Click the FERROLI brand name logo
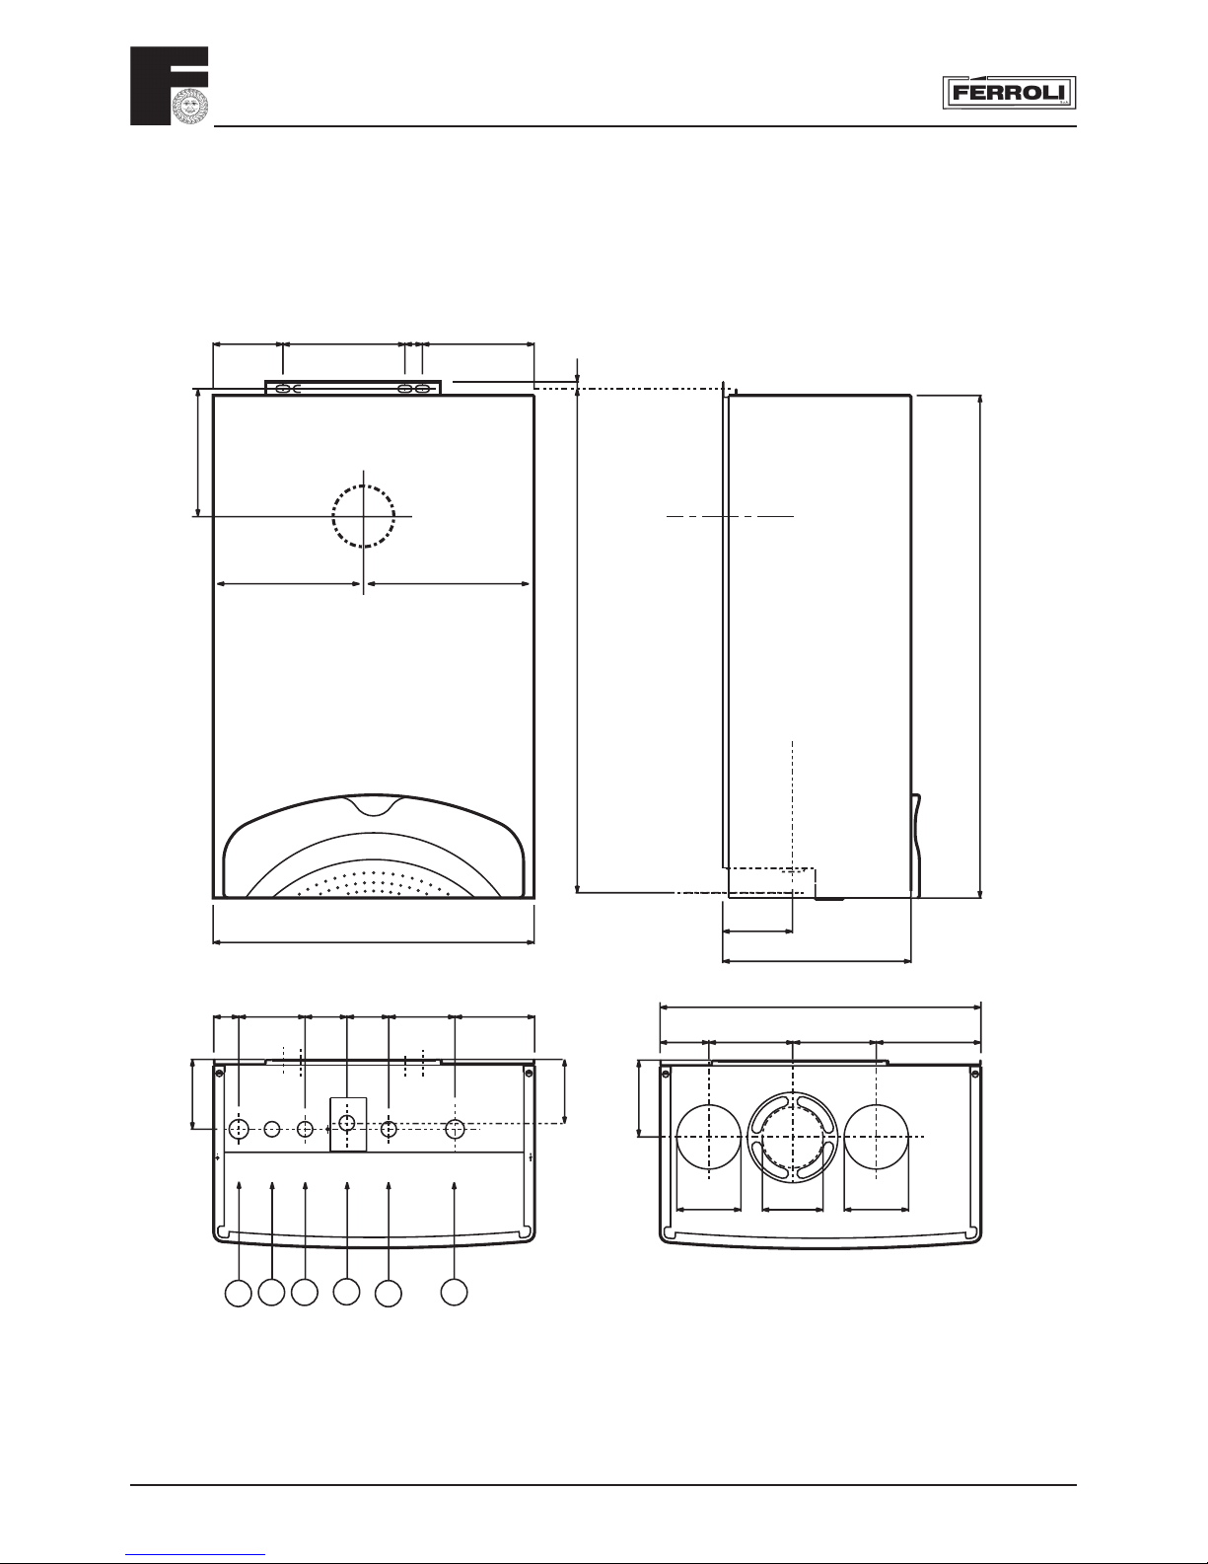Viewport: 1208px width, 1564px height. click(x=1009, y=92)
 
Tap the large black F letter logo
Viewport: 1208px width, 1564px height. click(x=170, y=86)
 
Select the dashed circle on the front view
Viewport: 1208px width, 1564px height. click(x=364, y=516)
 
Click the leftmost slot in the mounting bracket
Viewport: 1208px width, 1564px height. click(x=283, y=389)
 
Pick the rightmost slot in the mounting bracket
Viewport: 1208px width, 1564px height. click(x=425, y=389)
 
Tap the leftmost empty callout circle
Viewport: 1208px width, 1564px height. click(x=238, y=1293)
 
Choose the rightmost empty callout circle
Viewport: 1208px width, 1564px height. click(x=454, y=1292)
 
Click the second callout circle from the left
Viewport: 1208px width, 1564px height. click(x=271, y=1292)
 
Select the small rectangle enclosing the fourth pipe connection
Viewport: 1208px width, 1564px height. click(x=348, y=1124)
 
